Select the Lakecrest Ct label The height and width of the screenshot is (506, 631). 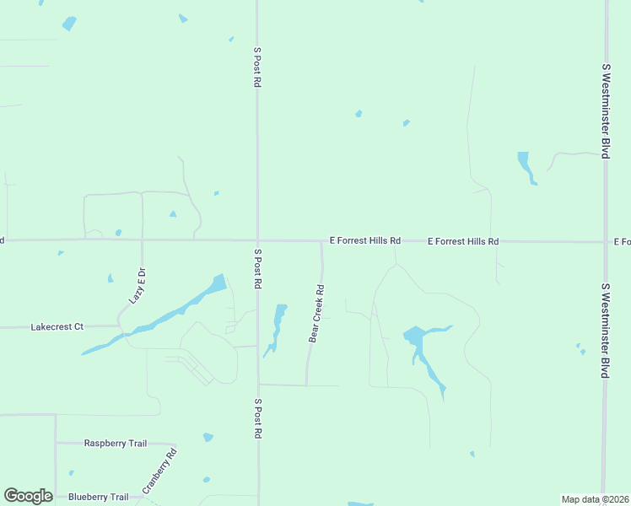57,326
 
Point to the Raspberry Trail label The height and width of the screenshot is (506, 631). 116,443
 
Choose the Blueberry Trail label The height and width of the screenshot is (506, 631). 98,497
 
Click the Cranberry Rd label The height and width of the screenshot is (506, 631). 159,471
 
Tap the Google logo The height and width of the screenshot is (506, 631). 28,496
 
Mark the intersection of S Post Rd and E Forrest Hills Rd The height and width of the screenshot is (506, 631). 257,240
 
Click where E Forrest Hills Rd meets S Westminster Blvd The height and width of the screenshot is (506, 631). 605,242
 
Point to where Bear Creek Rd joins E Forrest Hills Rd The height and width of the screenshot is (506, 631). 321,241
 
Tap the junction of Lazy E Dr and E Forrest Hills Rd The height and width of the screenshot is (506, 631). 142,240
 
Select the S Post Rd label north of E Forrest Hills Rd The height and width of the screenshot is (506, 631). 257,67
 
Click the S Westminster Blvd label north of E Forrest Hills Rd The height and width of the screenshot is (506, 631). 605,110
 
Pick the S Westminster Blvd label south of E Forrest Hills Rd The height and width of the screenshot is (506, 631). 605,329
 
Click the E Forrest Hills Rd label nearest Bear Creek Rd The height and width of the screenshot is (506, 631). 364,240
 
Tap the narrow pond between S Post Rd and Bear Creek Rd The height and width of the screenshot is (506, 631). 277,327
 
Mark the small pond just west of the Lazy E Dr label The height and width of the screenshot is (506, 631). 111,278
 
